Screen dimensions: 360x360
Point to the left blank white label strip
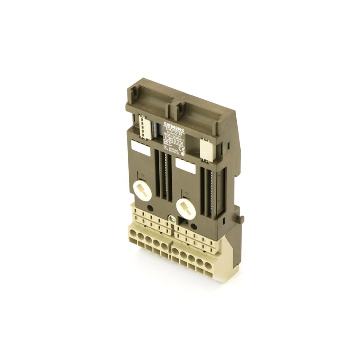[141, 148]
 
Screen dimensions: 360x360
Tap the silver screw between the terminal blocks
[171, 219]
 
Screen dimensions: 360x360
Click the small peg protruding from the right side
[242, 220]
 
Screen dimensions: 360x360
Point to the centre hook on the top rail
[176, 108]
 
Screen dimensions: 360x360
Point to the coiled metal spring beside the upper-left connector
[155, 130]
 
